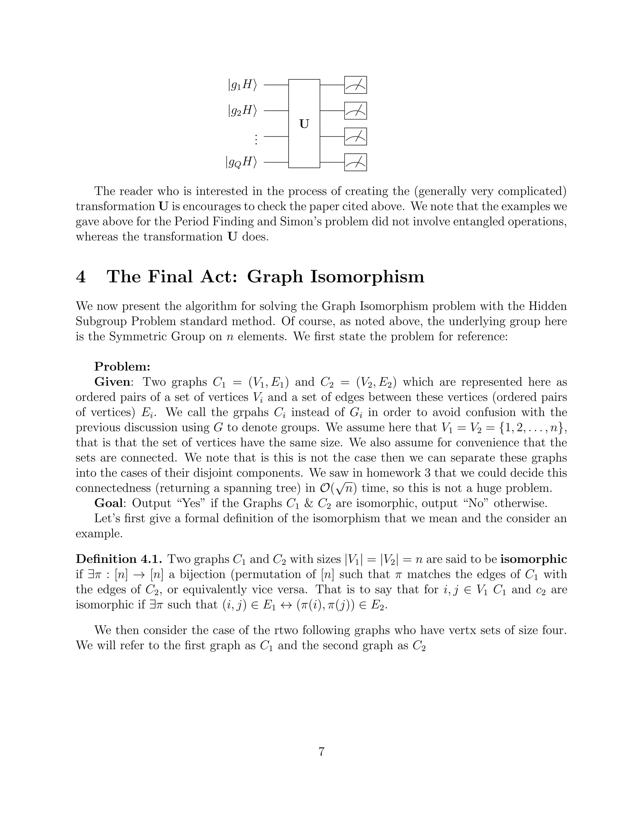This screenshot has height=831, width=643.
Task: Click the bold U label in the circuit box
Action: (304, 124)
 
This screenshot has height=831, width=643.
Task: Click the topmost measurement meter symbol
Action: (355, 85)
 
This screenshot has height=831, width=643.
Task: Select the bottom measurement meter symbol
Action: (355, 162)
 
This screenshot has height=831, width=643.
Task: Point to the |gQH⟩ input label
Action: (241, 162)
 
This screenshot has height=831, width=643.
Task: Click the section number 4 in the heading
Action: (81, 277)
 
